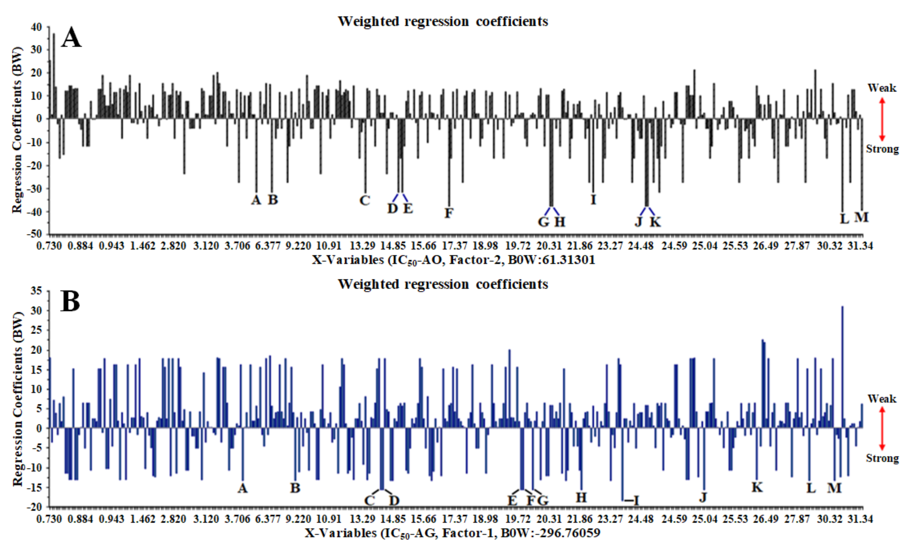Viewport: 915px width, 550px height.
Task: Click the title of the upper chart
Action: [x=443, y=21]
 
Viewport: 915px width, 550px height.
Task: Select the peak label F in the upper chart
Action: [x=449, y=213]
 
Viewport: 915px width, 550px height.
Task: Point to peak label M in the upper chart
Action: [x=861, y=217]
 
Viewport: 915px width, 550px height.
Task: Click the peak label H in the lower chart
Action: [x=581, y=497]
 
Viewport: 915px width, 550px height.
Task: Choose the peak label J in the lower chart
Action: [x=703, y=497]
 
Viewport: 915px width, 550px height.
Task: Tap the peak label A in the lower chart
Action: [x=243, y=488]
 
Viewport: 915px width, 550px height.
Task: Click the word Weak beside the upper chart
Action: [x=882, y=88]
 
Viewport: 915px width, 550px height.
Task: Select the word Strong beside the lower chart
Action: [x=882, y=458]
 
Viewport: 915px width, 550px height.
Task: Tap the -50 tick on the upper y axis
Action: [x=35, y=234]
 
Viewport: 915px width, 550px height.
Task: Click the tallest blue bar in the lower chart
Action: [x=842, y=367]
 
